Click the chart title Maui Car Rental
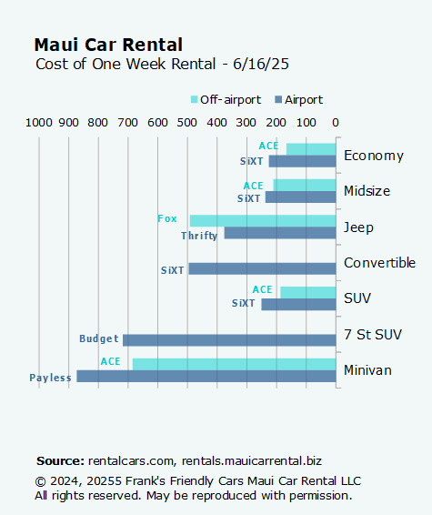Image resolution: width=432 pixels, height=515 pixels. [108, 45]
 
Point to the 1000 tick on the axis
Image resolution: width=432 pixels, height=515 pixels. [38, 123]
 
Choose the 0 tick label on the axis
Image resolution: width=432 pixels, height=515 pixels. [336, 123]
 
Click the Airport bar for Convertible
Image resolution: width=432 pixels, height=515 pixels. [262, 268]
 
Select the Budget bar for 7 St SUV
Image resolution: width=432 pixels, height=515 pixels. [229, 339]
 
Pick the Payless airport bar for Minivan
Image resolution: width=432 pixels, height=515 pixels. [206, 376]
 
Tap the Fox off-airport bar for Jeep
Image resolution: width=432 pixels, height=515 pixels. [262, 221]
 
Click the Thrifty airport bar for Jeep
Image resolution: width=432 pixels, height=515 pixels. [279, 233]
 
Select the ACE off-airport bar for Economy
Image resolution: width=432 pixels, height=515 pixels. [311, 149]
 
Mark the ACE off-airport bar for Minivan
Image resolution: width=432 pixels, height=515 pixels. [234, 364]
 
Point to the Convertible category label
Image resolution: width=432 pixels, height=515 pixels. [379, 263]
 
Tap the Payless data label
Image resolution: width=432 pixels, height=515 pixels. [50, 378]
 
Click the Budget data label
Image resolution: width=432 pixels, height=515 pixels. [99, 339]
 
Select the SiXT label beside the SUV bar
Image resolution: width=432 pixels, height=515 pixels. [244, 304]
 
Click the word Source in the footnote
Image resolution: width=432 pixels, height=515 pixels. [60, 461]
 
